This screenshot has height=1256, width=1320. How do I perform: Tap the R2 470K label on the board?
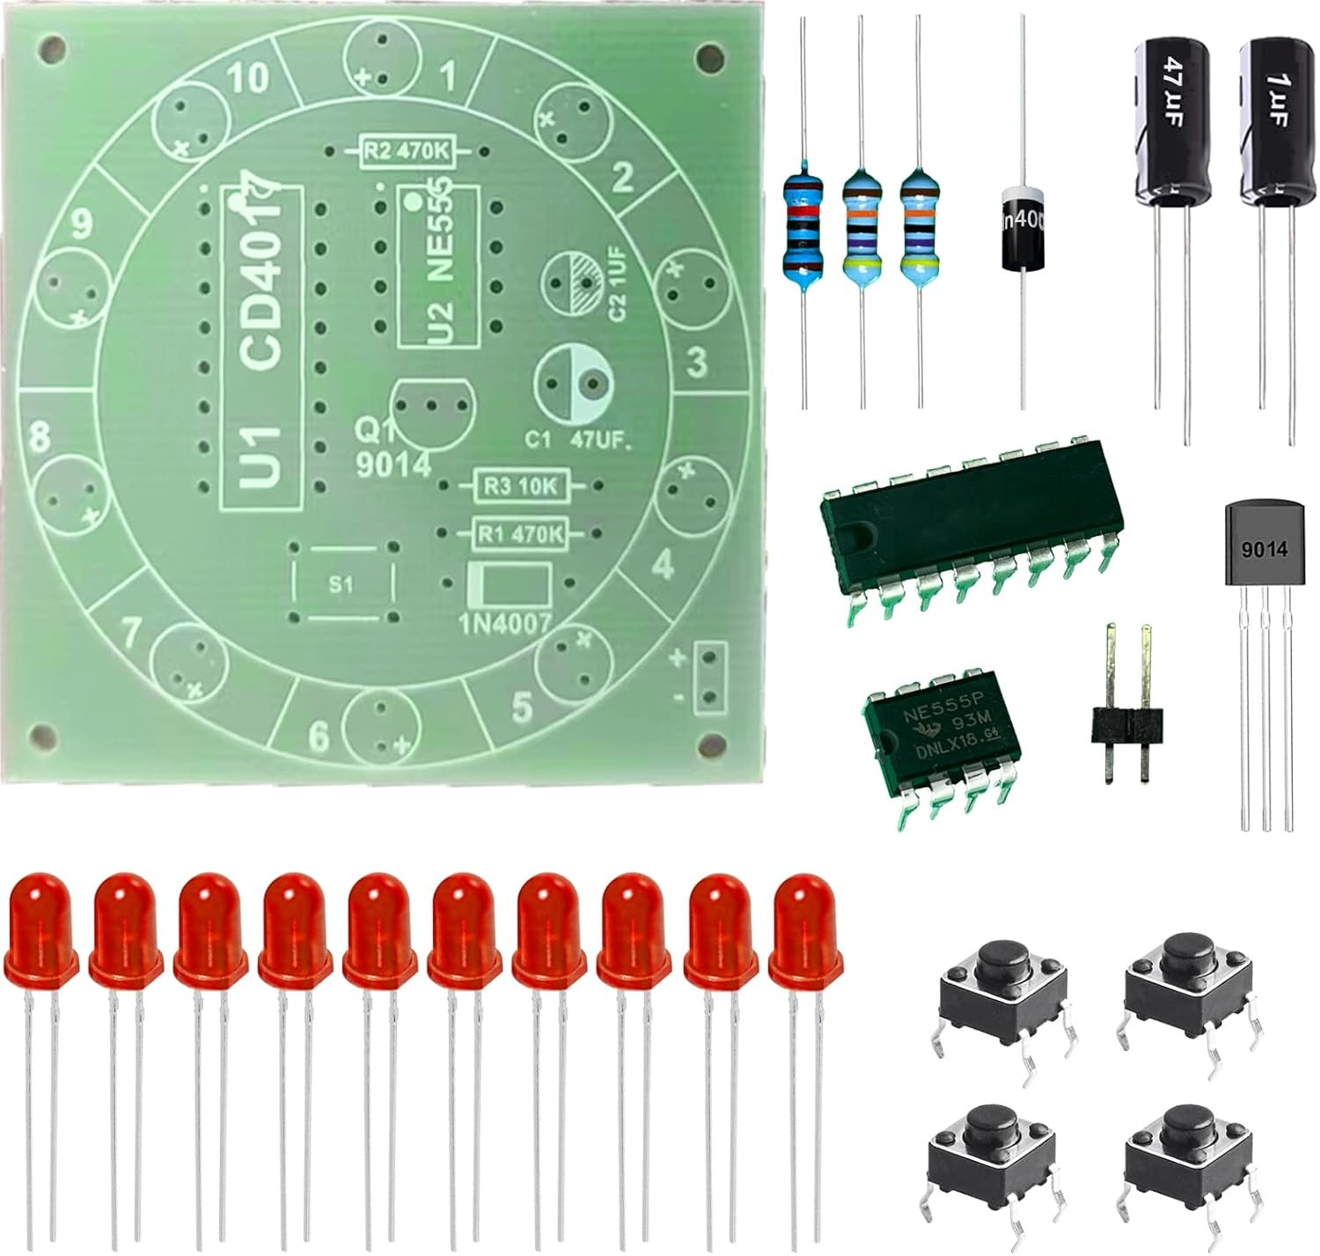pos(406,152)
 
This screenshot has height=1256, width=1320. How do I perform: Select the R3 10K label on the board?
pos(521,486)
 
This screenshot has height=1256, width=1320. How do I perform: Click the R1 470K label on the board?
pos(520,533)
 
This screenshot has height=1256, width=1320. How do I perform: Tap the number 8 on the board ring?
pos(39,437)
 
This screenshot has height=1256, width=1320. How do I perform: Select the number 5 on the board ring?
pos(522,707)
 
